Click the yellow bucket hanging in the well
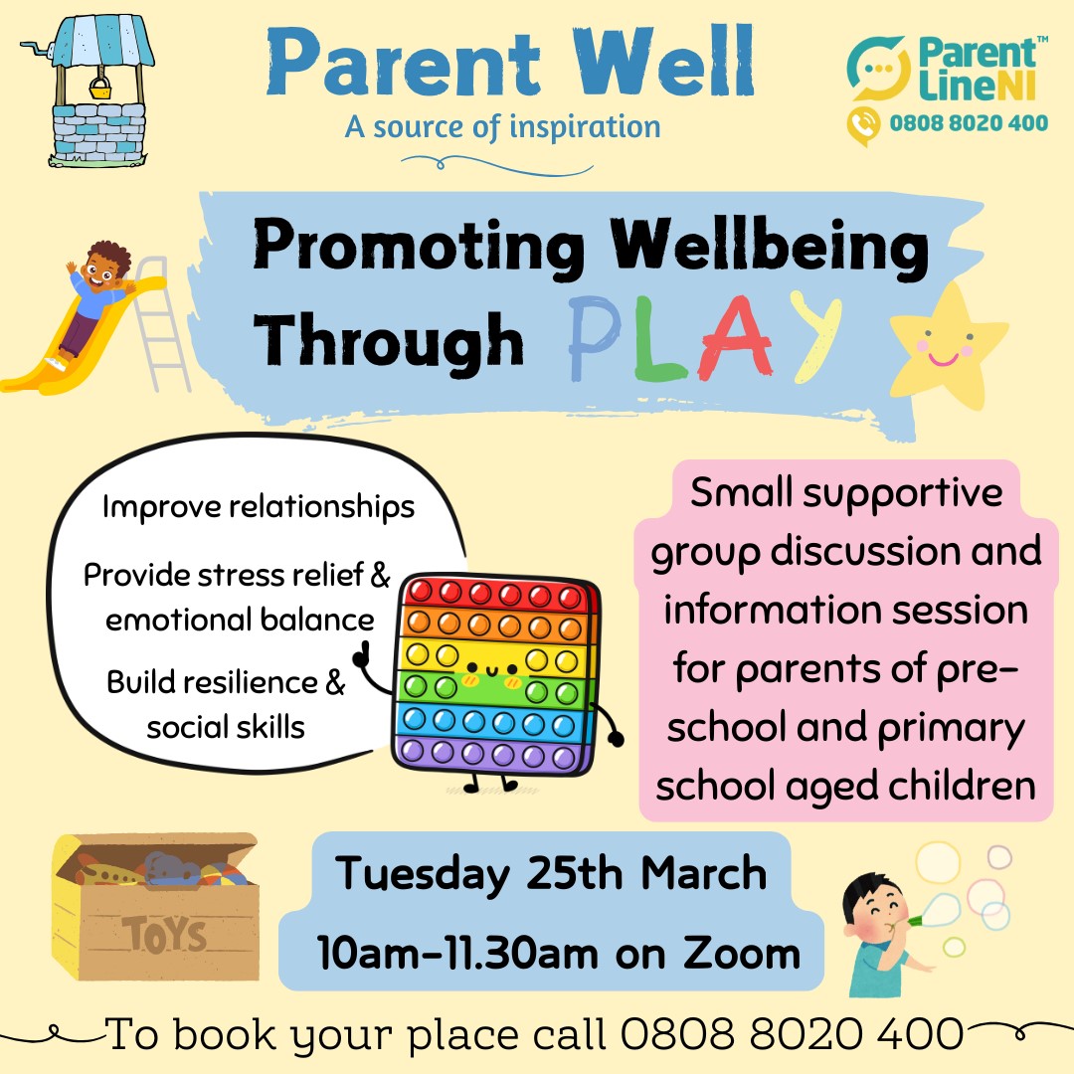[100, 88]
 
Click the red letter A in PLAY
[736, 339]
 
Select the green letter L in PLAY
[658, 339]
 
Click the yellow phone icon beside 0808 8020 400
[864, 125]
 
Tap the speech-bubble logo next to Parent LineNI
[879, 69]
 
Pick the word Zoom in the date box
[742, 954]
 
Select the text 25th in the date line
[575, 873]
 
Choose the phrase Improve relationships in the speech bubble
[259, 507]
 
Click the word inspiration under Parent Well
[585, 127]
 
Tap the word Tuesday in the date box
[423, 875]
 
